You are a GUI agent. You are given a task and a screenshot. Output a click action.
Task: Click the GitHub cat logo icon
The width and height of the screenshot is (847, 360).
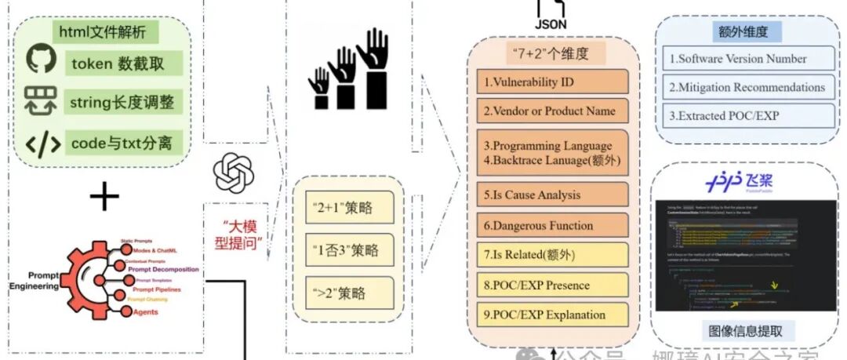pyautogui.click(x=42, y=61)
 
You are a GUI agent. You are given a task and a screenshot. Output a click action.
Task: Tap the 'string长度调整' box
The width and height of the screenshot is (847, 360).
pyautogui.click(x=126, y=101)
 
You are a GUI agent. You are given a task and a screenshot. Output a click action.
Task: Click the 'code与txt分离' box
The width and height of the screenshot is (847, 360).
pyautogui.click(x=126, y=143)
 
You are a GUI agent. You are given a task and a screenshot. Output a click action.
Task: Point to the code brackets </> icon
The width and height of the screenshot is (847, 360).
pyautogui.click(x=42, y=144)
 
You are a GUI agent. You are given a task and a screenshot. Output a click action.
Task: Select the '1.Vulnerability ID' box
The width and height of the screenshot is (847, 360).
pyautogui.click(x=553, y=82)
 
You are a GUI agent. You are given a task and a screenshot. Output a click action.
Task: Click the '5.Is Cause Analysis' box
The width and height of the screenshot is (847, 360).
pyautogui.click(x=553, y=195)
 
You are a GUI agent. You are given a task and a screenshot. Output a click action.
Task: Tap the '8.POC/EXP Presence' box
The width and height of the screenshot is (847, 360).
pyautogui.click(x=553, y=285)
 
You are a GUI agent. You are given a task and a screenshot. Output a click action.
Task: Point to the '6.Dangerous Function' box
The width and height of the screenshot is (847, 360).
pyautogui.click(x=553, y=225)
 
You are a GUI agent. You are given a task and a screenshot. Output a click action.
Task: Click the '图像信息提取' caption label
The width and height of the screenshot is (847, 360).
pyautogui.click(x=746, y=330)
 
